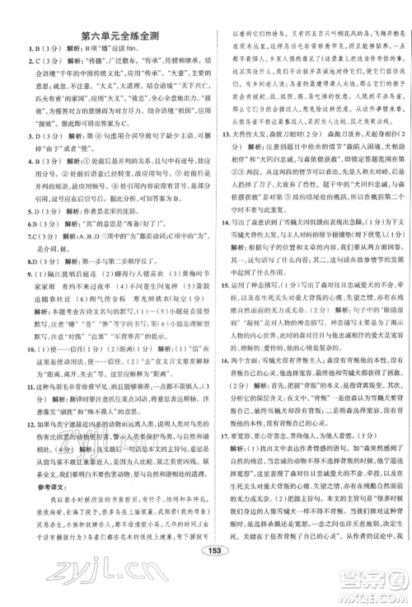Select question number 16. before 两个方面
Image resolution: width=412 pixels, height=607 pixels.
pyautogui.click(x=224, y=361)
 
